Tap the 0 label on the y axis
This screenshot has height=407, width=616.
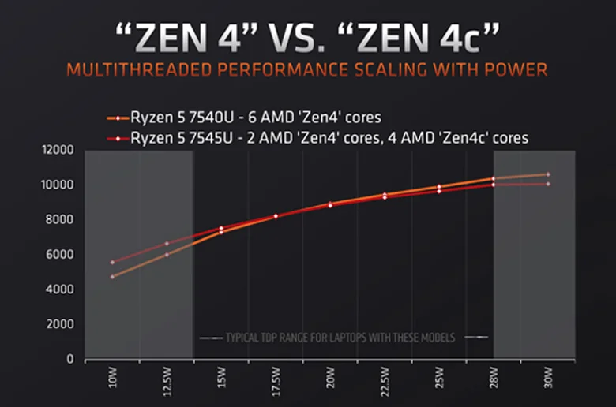[70, 360]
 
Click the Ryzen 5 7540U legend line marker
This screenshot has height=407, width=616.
[118, 118]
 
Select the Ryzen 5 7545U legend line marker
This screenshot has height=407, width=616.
[118, 138]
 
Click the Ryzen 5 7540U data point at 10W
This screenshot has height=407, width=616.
[112, 277]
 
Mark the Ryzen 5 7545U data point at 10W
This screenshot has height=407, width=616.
[112, 262]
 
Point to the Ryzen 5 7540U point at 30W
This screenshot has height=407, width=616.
[547, 174]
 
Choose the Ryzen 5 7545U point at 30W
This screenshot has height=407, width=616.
[547, 184]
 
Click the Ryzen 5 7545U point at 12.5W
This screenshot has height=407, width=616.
[167, 243]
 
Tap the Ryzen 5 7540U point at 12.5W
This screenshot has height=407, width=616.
[167, 255]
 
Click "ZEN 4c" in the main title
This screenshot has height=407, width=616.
[442, 37]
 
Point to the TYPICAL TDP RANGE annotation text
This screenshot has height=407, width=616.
[340, 338]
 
